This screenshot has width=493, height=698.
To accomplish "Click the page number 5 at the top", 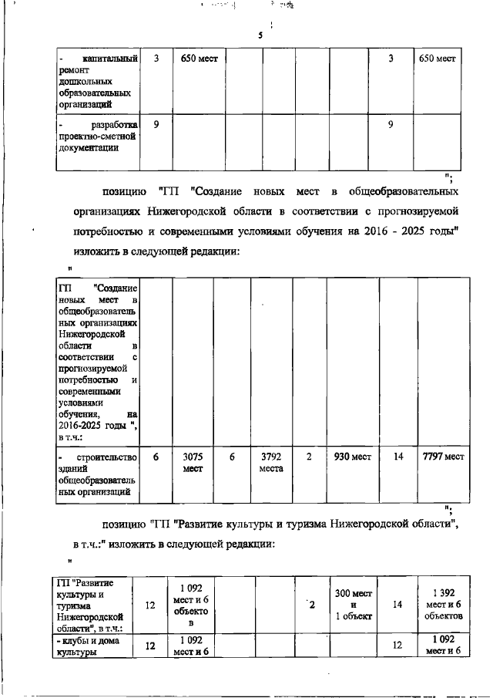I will click(x=260, y=36).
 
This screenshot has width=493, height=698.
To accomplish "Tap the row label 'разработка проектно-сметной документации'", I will click(x=98, y=137).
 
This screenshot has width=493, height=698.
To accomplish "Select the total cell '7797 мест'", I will click(x=443, y=457).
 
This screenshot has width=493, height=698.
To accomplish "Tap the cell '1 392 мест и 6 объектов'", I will click(x=442, y=604).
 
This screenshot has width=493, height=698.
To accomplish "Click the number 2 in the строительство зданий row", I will click(x=309, y=457).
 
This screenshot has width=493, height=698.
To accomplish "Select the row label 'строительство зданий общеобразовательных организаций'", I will click(x=98, y=474).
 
